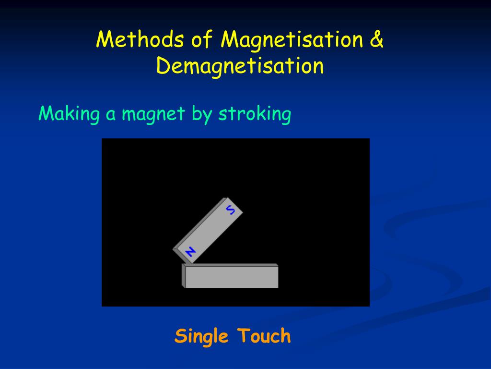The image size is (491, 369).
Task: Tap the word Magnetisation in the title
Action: tap(292, 40)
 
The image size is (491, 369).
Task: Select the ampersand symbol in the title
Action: tap(377, 40)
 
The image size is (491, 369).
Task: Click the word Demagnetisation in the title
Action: tap(240, 66)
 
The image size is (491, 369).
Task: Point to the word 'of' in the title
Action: tap(202, 40)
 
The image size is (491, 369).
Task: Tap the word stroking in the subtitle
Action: tap(255, 114)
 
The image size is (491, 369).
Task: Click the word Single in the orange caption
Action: tap(201, 336)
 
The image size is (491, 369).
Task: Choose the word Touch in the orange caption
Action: tap(264, 336)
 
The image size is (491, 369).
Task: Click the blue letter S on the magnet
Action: tap(231, 209)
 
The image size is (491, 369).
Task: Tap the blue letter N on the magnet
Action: tap(190, 251)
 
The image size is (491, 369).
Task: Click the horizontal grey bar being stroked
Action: tap(231, 277)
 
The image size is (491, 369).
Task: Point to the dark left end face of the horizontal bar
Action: tap(183, 276)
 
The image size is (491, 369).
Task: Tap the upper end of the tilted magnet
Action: tap(234, 204)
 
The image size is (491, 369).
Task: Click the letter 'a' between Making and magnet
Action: tap(110, 115)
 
